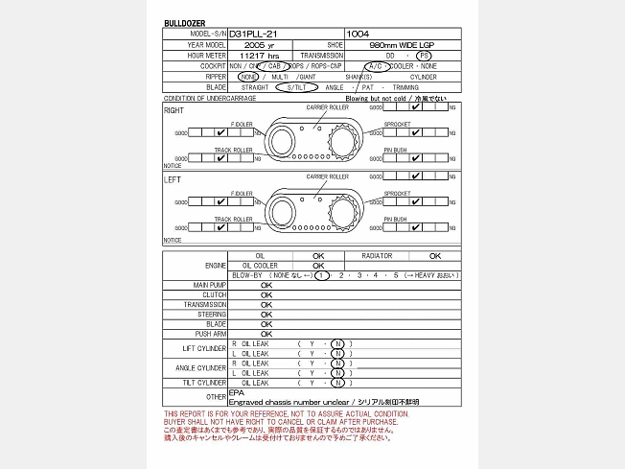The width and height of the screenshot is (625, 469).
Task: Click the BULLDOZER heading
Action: click(x=184, y=22)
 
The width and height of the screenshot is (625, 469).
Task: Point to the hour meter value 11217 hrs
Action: click(x=261, y=56)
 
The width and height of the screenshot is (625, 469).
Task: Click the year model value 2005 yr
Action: click(x=260, y=45)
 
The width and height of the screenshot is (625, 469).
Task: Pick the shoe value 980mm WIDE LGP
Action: click(x=402, y=45)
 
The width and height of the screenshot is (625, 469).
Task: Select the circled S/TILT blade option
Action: click(x=294, y=87)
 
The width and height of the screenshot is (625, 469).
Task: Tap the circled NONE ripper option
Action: click(x=249, y=77)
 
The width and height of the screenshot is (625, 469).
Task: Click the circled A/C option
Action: click(x=374, y=66)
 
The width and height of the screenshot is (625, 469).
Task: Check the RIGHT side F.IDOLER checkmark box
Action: click(x=222, y=133)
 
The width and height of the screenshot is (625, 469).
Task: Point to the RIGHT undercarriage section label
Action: click(x=174, y=110)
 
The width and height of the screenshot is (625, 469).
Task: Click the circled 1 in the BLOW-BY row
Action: click(x=323, y=275)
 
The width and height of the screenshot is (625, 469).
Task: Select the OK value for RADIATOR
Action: click(x=434, y=256)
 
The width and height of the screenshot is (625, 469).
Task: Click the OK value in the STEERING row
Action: click(x=266, y=315)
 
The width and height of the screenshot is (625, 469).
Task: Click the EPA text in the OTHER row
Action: click(x=237, y=392)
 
